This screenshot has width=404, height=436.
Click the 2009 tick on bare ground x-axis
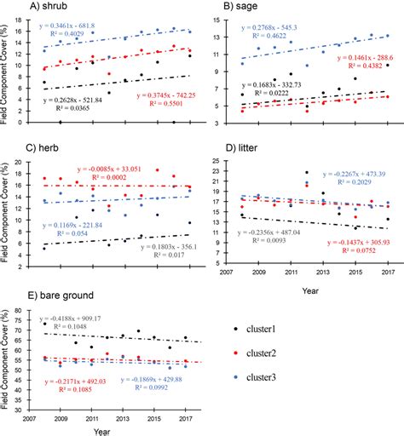(x=60, y=421)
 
